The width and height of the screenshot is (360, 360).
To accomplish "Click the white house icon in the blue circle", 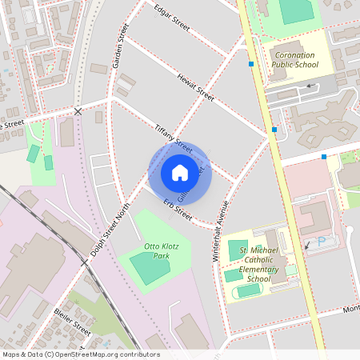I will tap(179, 172).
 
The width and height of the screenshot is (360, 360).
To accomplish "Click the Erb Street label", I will tap(174, 210).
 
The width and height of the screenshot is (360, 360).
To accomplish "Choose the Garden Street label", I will tap(122, 46).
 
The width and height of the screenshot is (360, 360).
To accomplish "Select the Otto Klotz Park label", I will tap(156, 251).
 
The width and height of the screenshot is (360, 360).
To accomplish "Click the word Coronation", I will tap(292, 54).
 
